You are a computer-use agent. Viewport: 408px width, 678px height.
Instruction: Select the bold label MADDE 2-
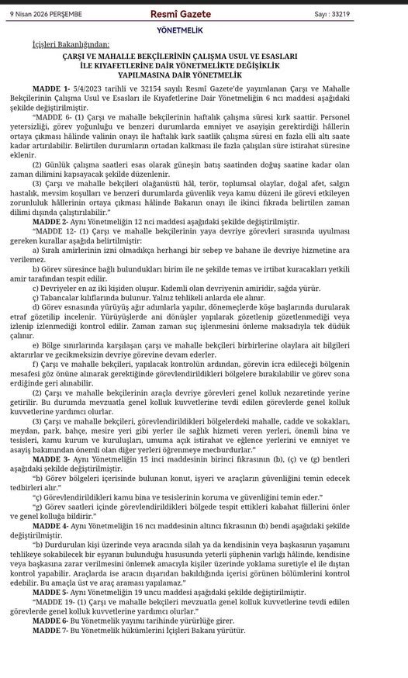pyautogui.click(x=51, y=222)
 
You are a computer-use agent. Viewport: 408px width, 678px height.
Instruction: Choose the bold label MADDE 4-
pyautogui.click(x=51, y=525)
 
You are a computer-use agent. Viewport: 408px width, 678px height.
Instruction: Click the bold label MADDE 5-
pyautogui.click(x=51, y=591)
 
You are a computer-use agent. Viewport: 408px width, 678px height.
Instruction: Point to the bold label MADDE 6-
pyautogui.click(x=51, y=621)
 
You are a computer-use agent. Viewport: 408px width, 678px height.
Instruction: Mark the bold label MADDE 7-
pyautogui.click(x=51, y=630)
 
